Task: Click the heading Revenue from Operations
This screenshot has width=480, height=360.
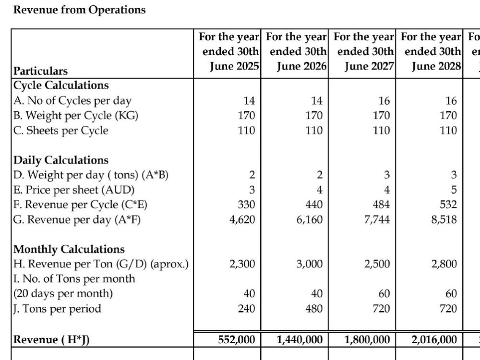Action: [79, 10]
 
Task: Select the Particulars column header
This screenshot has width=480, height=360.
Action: [40, 71]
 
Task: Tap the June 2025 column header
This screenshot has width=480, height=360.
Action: [229, 51]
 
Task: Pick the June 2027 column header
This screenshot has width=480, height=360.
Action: [364, 51]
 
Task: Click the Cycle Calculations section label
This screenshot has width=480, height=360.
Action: [61, 85]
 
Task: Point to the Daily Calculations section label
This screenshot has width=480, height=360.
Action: [60, 160]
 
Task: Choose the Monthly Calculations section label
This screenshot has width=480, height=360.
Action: [69, 249]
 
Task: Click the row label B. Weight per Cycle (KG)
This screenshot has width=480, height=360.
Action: [76, 116]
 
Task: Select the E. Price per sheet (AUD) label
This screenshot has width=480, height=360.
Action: [74, 190]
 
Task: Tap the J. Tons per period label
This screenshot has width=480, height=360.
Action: [57, 309]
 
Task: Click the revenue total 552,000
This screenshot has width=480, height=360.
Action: [236, 339]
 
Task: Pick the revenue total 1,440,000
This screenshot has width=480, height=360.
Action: [300, 339]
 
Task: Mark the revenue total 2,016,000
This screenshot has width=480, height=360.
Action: [434, 339]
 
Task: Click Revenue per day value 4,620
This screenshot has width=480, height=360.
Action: [242, 219]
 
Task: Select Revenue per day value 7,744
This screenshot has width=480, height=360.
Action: [377, 219]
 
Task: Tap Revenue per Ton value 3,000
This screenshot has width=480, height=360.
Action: [310, 264]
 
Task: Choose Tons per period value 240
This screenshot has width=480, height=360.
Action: [246, 309]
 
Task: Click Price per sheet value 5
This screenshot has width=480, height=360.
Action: [454, 190]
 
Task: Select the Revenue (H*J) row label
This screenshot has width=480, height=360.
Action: [51, 340]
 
